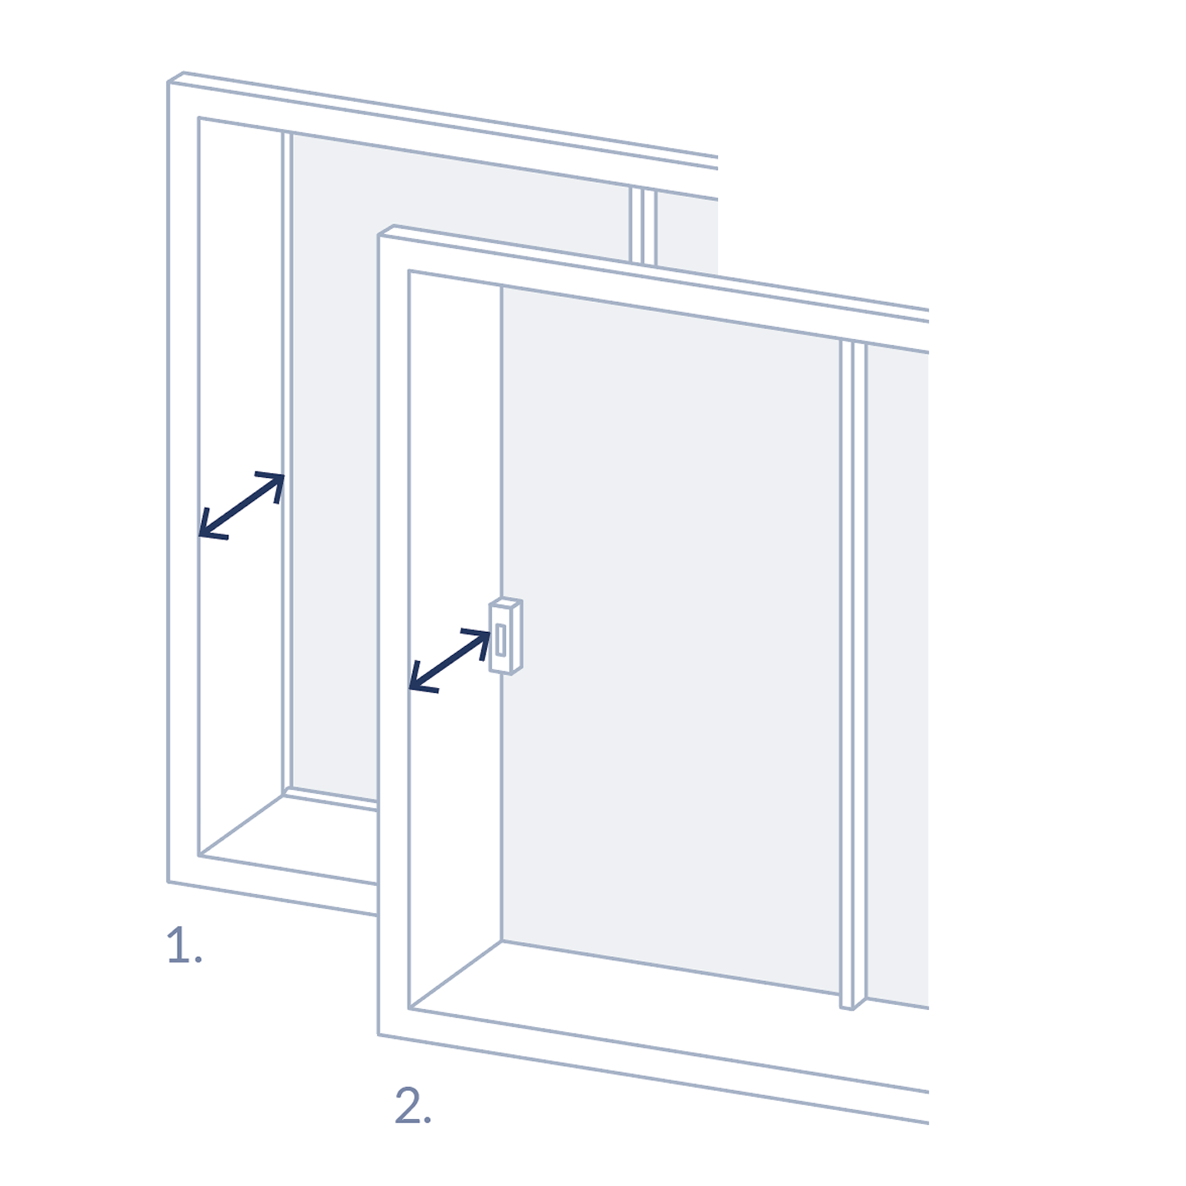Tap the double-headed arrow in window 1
[x=241, y=505]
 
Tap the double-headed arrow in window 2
[x=450, y=660]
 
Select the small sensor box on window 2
[x=506, y=636]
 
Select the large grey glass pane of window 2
[x=669, y=614]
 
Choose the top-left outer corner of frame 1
[x=169, y=81]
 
